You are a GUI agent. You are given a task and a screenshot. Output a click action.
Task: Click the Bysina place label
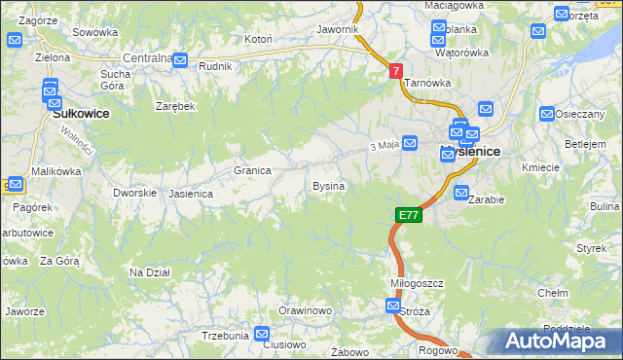(328, 185)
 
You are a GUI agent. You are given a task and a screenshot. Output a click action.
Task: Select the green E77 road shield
(409, 215)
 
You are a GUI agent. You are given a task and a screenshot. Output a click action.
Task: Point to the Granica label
(252, 170)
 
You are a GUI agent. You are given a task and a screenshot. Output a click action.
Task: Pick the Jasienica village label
(191, 194)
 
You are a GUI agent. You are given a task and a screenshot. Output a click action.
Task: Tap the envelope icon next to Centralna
(180, 59)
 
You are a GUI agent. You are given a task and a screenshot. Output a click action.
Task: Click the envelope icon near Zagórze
(15, 40)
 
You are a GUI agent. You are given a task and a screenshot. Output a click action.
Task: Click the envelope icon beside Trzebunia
(262, 334)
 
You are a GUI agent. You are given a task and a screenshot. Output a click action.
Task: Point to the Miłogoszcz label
(417, 282)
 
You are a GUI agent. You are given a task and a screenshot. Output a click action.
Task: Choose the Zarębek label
(176, 105)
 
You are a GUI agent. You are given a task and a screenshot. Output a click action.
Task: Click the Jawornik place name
(338, 29)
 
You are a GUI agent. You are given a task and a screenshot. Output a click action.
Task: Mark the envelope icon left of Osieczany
(546, 114)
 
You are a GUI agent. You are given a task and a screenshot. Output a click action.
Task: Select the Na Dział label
(150, 272)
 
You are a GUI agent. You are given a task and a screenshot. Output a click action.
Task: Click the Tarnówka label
(425, 84)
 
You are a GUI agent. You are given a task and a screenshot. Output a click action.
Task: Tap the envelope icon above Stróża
(392, 306)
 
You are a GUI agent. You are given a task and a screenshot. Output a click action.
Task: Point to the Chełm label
(553, 292)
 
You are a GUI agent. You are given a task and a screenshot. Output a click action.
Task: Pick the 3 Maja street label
(385, 146)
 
